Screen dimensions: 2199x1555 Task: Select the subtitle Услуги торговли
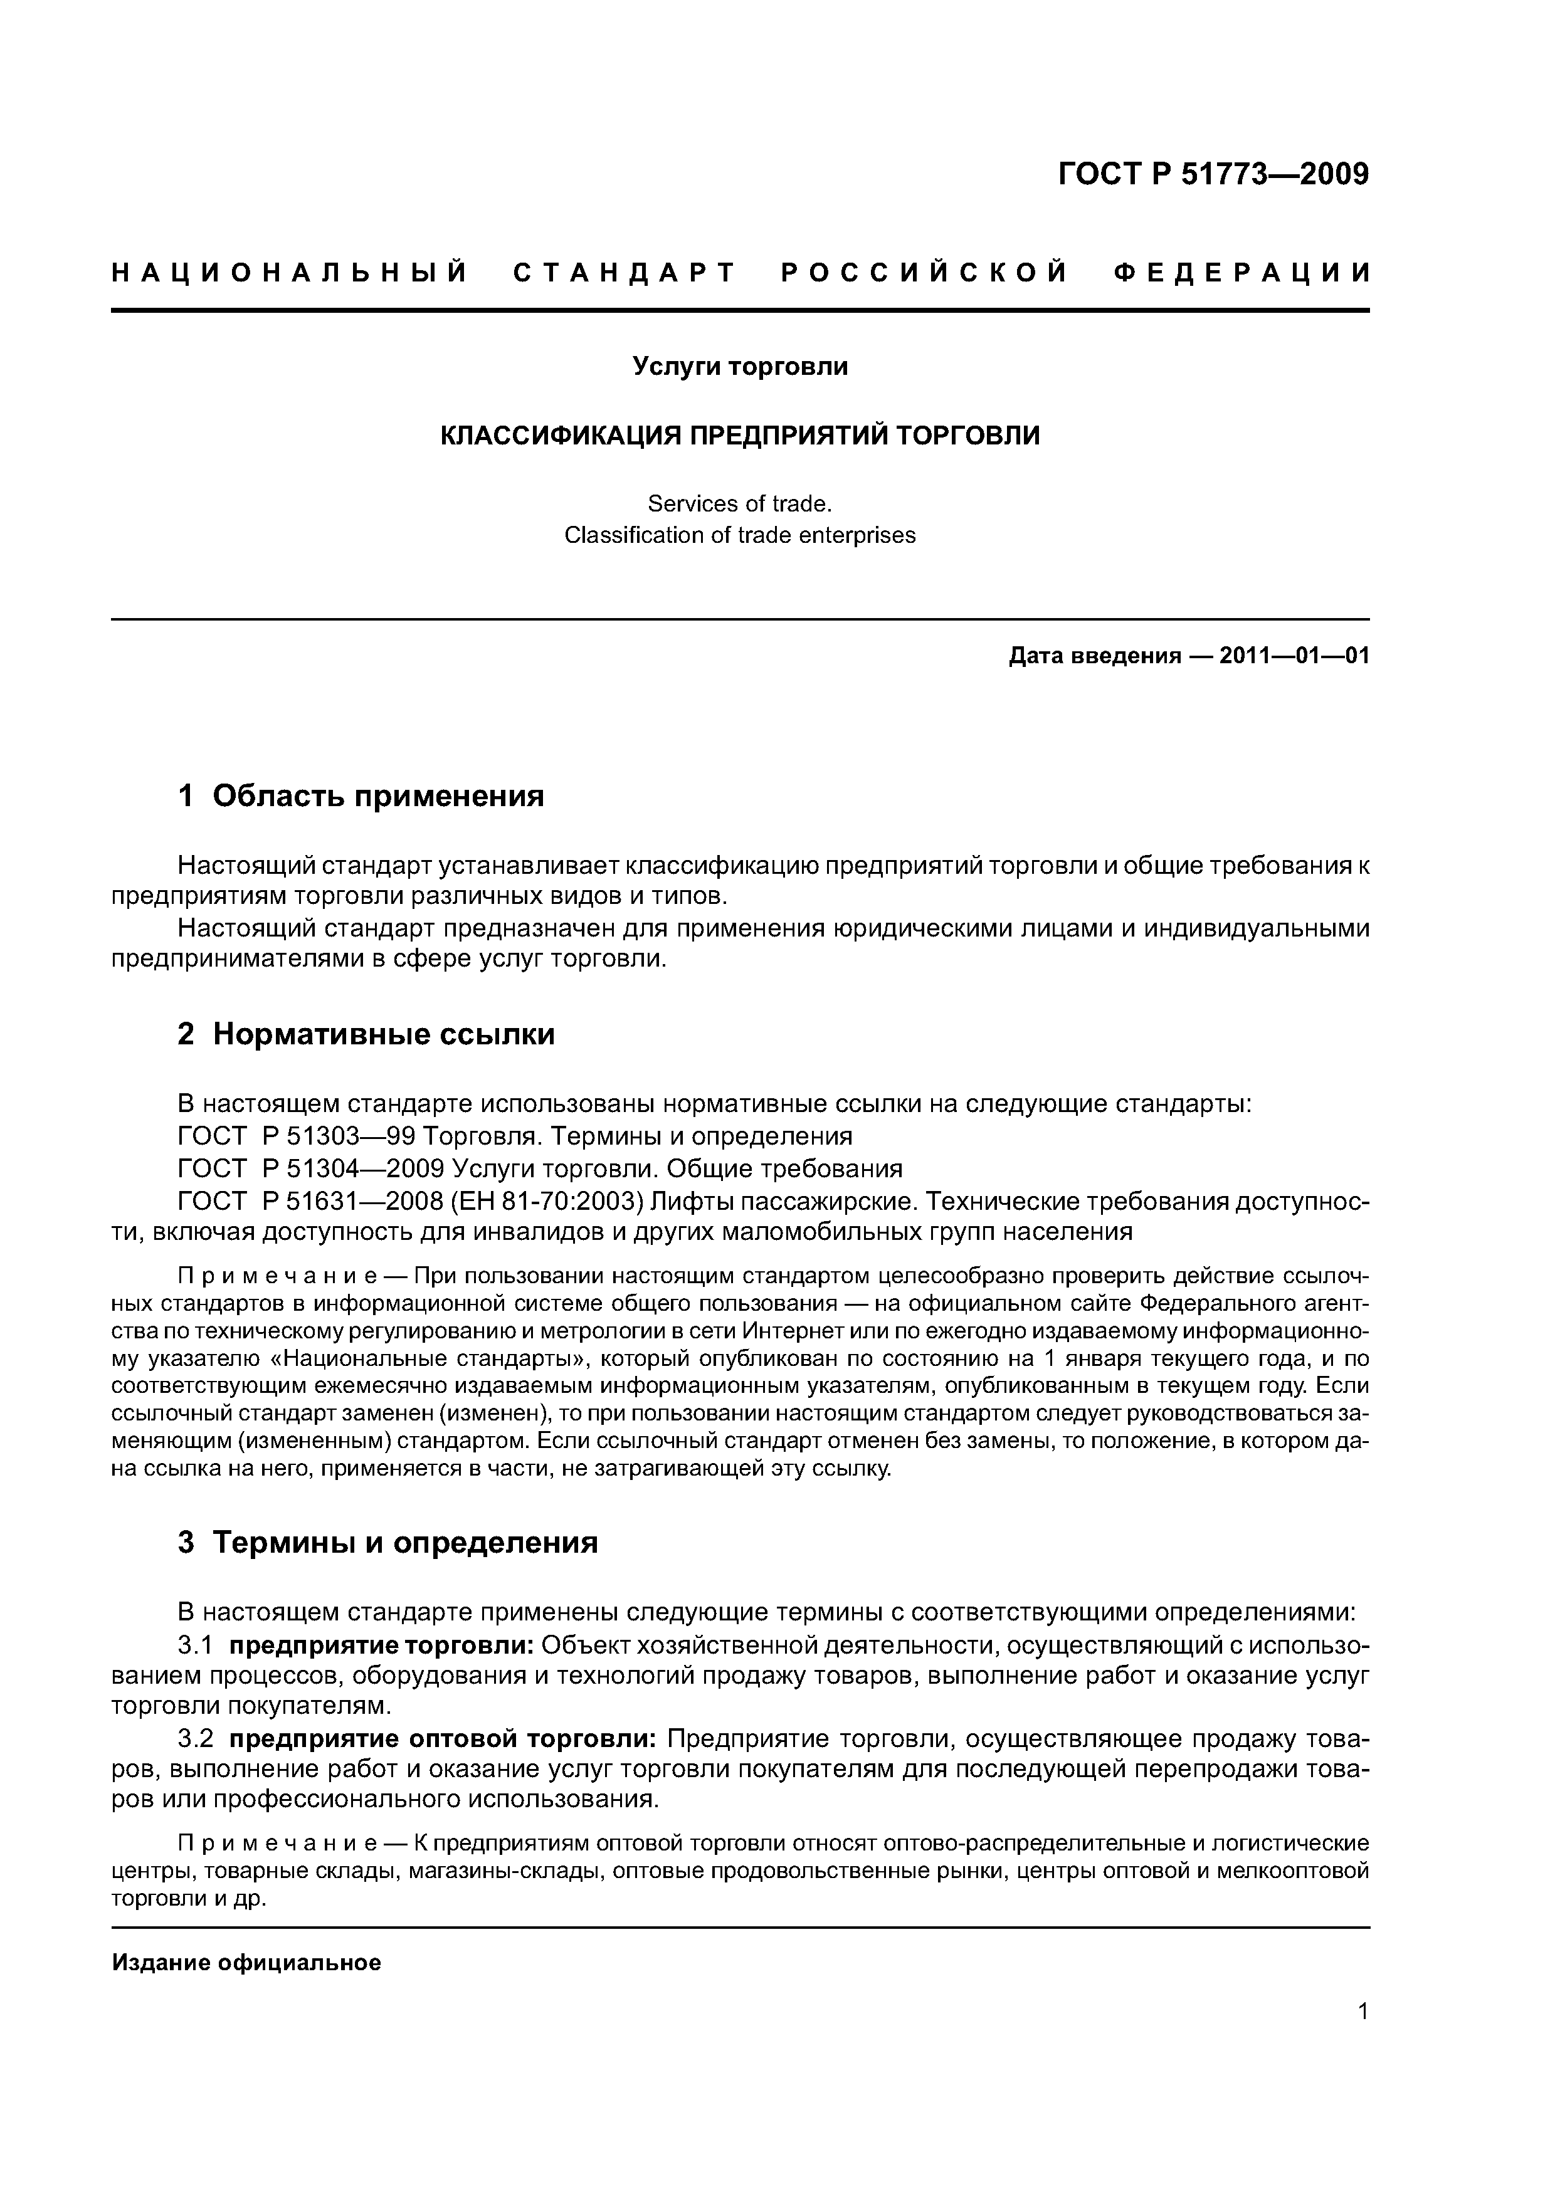(740, 367)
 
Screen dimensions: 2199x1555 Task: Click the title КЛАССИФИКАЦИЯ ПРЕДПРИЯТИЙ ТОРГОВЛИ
(740, 436)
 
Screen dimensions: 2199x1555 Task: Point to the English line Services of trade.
(740, 504)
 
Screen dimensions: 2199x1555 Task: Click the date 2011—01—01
(1294, 656)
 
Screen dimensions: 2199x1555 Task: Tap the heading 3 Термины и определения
(388, 1543)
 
